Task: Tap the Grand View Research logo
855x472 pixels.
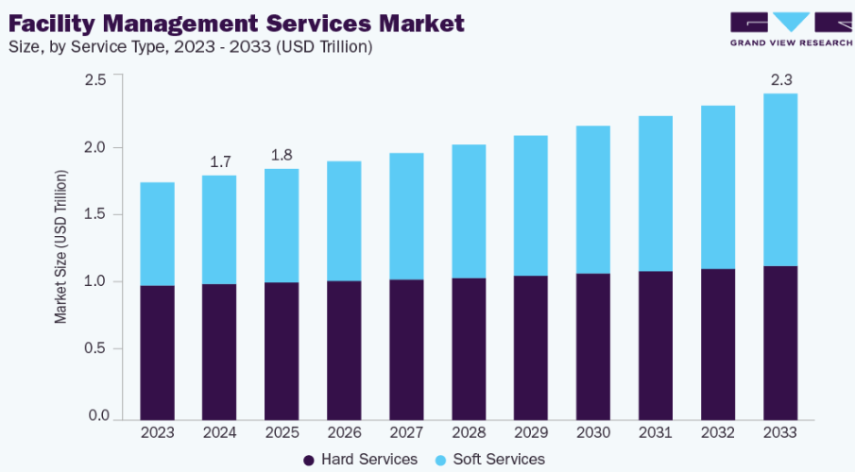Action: pos(790,28)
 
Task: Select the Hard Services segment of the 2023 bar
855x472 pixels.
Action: pos(157,351)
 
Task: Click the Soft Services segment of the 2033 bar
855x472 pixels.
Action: pos(780,179)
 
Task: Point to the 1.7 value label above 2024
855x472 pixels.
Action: pos(220,161)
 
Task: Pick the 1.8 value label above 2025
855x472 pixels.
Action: pos(282,155)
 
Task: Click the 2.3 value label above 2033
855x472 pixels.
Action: pos(780,79)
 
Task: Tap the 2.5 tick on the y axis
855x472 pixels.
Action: pos(94,80)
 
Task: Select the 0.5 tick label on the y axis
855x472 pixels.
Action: pos(94,349)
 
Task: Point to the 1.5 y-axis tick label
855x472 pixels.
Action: pos(94,214)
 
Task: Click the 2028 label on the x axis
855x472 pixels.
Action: pos(469,432)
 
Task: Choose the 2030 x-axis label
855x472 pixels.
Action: pos(593,432)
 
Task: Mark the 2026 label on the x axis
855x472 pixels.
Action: pos(344,432)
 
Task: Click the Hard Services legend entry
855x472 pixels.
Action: pos(360,460)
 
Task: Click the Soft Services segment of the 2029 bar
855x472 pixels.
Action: pos(531,206)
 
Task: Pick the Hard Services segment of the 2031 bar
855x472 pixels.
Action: pos(656,345)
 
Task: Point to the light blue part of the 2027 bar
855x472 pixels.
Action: pos(406,216)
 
